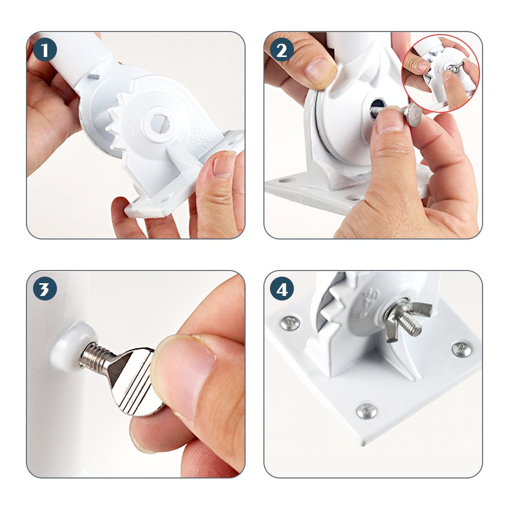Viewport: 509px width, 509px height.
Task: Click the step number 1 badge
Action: [45, 50]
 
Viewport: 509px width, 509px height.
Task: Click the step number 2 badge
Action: [282, 50]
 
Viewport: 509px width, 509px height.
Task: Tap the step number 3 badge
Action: [45, 289]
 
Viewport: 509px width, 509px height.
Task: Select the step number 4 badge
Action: [282, 289]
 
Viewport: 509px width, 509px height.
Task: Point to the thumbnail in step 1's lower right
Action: [223, 165]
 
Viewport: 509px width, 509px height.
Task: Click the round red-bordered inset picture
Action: [440, 73]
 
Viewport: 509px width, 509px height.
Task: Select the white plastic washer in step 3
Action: [66, 347]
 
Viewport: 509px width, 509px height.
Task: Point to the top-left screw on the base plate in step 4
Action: [290, 323]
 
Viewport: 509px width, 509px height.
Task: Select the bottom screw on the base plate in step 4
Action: [367, 411]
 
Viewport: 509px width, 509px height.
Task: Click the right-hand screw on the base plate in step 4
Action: [462, 349]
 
